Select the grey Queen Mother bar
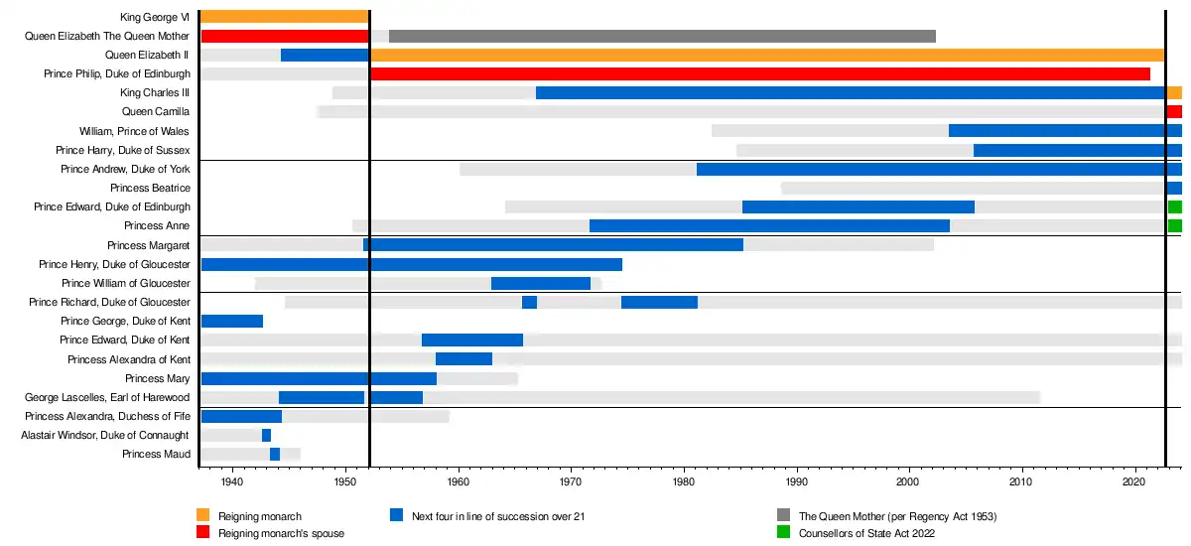662,36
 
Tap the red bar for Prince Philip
759,73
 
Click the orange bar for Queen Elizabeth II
766,55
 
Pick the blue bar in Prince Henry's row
411,264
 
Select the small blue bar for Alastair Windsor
266,435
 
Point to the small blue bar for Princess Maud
275,454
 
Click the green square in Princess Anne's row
1175,226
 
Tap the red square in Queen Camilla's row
1175,112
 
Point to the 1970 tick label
571,481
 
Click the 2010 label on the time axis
1021,481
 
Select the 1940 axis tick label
232,481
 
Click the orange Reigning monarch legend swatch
203,515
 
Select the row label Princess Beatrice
150,189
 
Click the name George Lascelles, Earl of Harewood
107,397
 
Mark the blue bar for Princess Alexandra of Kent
463,358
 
